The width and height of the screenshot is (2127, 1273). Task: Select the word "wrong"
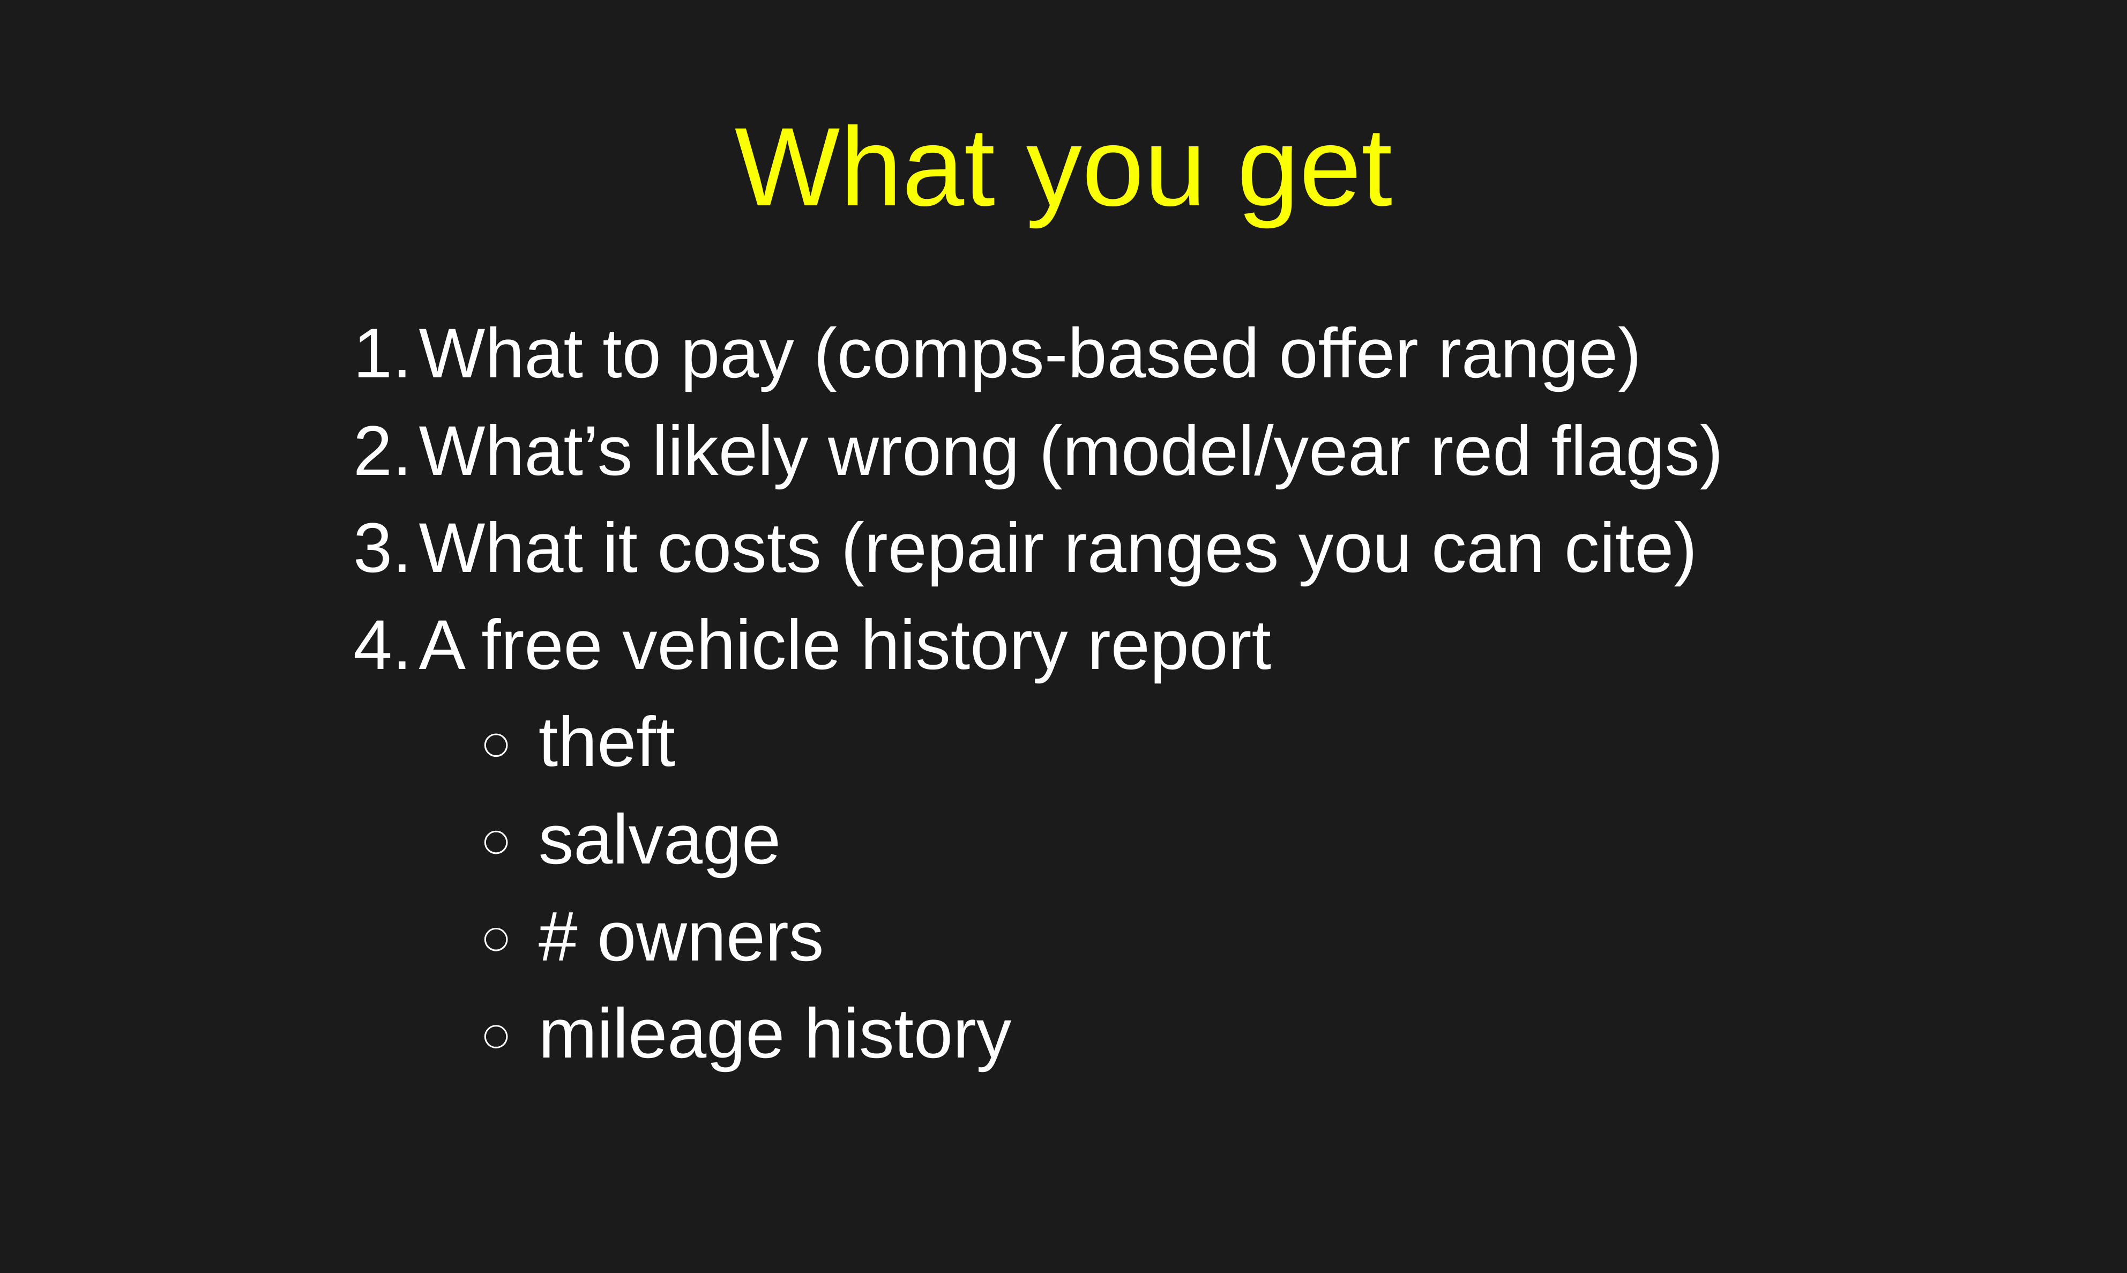pyautogui.click(x=924, y=456)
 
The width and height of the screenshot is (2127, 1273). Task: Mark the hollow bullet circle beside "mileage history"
pyautogui.click(x=496, y=1036)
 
